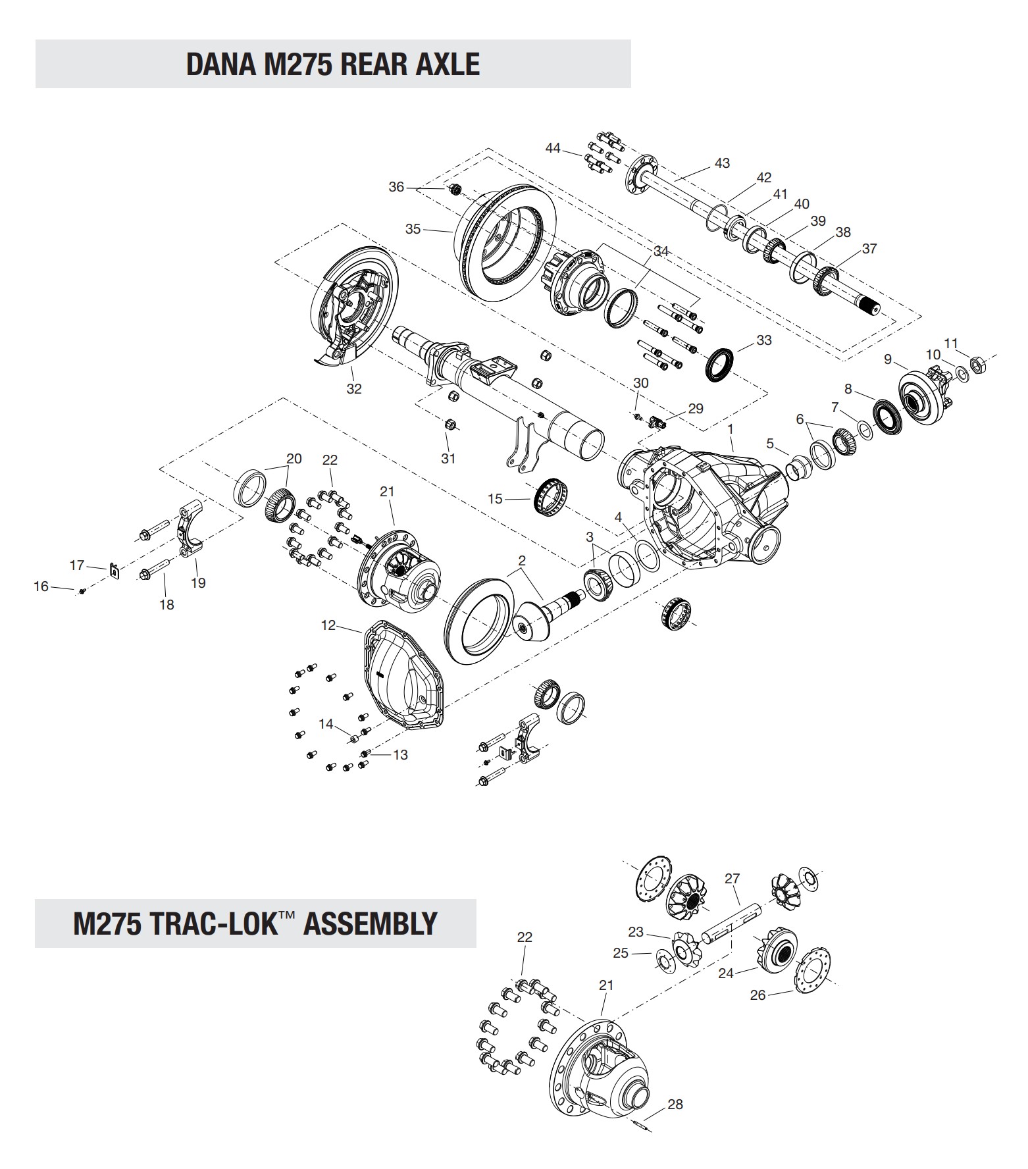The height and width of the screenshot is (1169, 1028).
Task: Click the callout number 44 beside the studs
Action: point(553,148)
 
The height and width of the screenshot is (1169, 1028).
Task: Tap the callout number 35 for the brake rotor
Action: point(413,229)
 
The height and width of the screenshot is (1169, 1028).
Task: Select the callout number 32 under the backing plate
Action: point(354,388)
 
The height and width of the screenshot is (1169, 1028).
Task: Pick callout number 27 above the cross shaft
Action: point(732,879)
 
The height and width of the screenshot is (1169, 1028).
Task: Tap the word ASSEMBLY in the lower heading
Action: point(371,923)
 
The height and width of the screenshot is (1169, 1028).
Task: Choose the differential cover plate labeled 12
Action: point(402,678)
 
